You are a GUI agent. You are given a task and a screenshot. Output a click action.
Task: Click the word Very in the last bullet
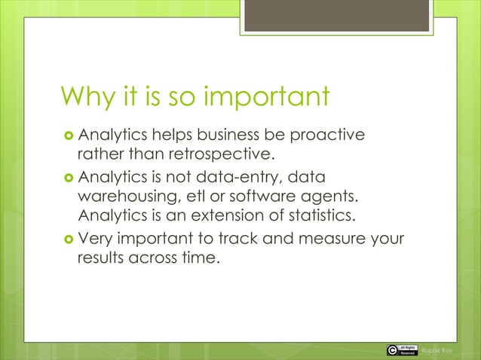click(95, 240)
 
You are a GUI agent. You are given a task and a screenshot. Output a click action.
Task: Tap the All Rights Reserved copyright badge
click(400, 349)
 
